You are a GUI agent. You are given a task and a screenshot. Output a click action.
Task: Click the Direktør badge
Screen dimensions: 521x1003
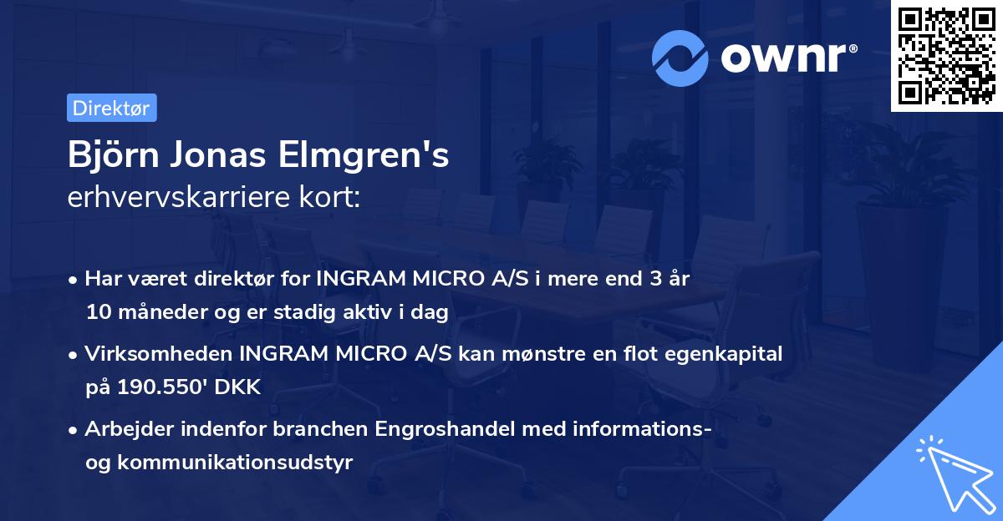pyautogui.click(x=111, y=108)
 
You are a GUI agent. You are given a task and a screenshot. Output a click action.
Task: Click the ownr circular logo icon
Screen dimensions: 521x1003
pyautogui.click(x=680, y=58)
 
